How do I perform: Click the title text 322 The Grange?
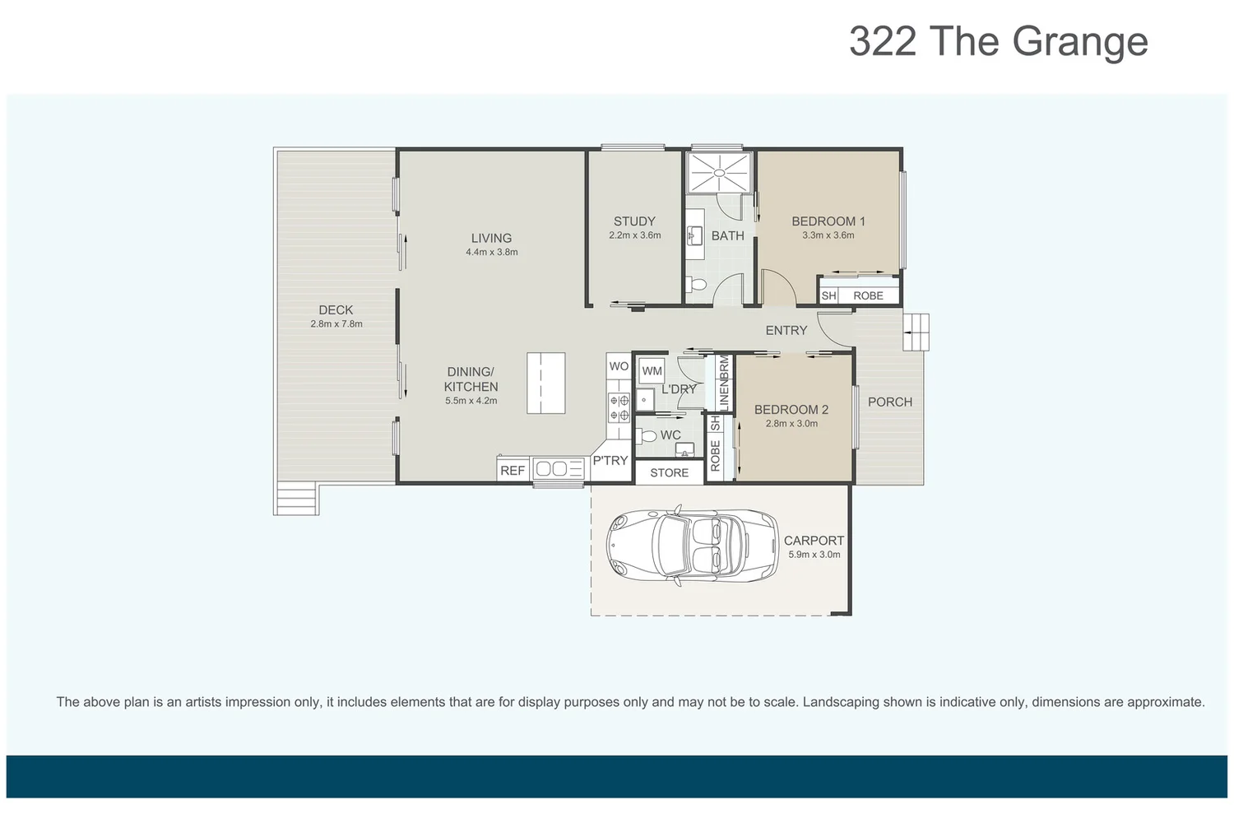click(998, 41)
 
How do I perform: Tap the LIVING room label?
click(491, 238)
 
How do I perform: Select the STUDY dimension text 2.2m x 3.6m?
click(634, 235)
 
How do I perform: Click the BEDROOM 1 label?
click(828, 221)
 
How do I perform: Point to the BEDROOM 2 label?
click(791, 409)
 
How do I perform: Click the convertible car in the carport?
click(692, 545)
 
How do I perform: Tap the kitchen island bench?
click(545, 383)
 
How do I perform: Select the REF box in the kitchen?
click(512, 471)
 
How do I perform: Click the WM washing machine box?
click(652, 371)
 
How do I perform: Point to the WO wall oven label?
click(619, 366)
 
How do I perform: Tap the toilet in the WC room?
click(647, 436)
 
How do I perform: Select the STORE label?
click(669, 472)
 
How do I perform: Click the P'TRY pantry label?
click(610, 461)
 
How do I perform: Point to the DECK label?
click(336, 310)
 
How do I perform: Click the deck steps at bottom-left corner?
click(296, 499)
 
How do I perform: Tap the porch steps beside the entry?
click(916, 332)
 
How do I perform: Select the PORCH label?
click(889, 402)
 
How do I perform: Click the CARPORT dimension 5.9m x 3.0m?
click(814, 555)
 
